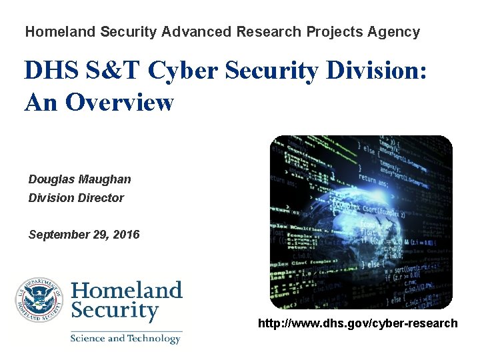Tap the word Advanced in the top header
pos(198,31)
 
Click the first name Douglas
pos(52,179)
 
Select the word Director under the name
pos(101,198)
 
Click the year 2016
pos(126,235)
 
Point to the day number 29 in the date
pos(99,235)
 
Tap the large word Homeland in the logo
pos(126,291)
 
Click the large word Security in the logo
pos(115,311)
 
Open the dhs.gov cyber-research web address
pos(358,324)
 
